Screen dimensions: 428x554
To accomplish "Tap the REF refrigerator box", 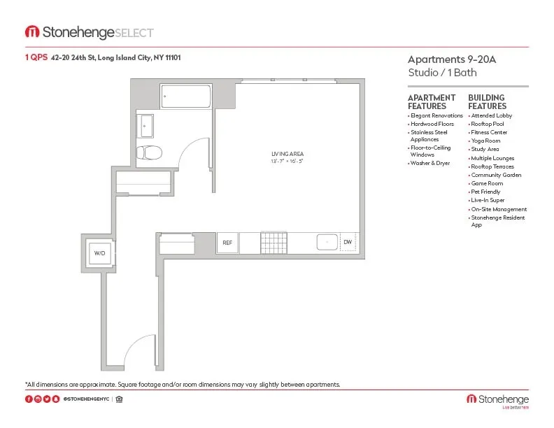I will (227, 243).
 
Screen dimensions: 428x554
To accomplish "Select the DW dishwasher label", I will (348, 243).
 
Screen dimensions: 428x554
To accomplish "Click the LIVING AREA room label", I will (287, 154).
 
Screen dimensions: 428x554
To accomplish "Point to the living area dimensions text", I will (287, 162).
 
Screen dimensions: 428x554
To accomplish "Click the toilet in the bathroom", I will (149, 152).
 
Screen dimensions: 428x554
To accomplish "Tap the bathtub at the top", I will (185, 96).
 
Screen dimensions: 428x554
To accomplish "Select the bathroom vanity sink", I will (145, 127).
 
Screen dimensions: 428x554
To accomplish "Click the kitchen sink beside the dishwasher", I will (327, 243).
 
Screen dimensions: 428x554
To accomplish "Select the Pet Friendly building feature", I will (486, 192).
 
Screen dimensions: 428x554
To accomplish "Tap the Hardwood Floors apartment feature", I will (433, 124).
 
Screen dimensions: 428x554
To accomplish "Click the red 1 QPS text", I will (36, 57).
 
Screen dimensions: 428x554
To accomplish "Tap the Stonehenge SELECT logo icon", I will (32, 32).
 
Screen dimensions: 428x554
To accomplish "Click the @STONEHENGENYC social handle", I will (86, 399).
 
